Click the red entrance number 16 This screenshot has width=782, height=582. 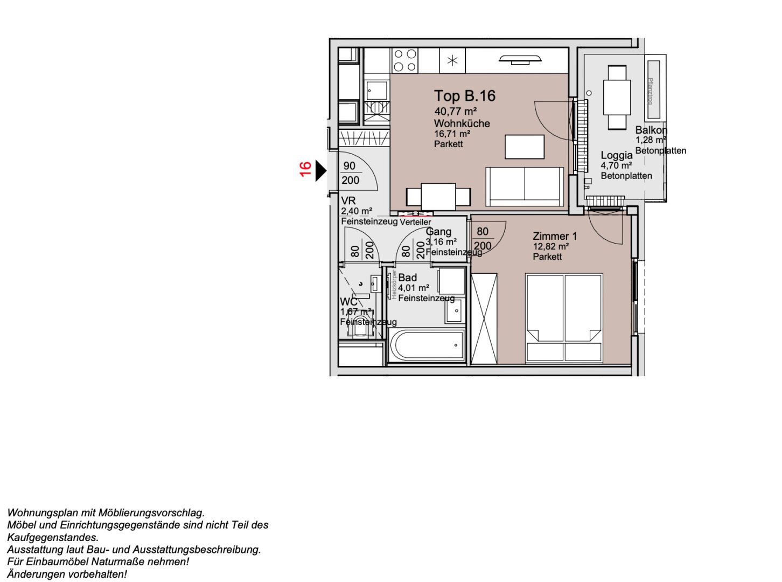pos(305,169)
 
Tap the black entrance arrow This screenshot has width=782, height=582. pos(320,171)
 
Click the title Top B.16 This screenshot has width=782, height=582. pos(464,96)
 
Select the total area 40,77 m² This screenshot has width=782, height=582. pos(455,112)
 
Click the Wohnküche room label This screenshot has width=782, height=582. pos(462,123)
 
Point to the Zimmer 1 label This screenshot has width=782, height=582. pos(554,236)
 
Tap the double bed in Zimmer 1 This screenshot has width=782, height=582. pos(564,318)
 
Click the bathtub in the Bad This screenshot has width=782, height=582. pos(427,345)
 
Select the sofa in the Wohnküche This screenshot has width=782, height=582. pos(525,186)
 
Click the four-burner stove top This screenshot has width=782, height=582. pos(405,60)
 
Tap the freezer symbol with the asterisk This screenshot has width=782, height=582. pos(452,60)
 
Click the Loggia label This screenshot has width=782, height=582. pos(617,155)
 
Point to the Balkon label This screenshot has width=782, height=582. pos(651,130)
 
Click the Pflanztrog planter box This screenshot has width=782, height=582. pos(653,90)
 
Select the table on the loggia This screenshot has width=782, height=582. pos(617,97)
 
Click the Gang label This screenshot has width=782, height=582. pos(438,232)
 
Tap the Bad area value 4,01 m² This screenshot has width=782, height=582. pos(413,288)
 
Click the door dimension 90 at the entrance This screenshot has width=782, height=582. pos(350,166)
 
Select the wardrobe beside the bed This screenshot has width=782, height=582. pos(484,318)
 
